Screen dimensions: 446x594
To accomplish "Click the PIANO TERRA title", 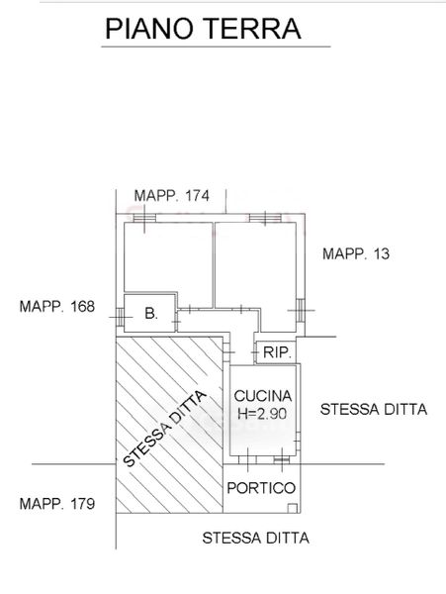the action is point(203,29).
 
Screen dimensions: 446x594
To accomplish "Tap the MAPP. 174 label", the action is point(171,196).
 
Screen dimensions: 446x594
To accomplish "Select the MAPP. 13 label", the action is point(356,253).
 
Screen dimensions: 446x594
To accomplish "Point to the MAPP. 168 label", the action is point(57,306).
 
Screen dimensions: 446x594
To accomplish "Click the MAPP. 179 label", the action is point(57,504).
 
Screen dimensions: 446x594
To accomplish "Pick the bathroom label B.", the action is point(151,313).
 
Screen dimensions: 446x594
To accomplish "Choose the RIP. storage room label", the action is point(277,352).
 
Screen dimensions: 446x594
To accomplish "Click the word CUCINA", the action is point(263,396).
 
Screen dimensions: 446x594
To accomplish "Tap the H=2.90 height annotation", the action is point(262,413).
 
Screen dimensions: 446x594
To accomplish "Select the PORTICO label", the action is point(261,488).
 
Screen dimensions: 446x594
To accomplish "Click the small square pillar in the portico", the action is point(292,508).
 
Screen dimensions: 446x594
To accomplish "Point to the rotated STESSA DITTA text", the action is point(165,429).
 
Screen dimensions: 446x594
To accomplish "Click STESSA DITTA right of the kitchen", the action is point(374,409).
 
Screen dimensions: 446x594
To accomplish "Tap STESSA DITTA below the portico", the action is point(256,538).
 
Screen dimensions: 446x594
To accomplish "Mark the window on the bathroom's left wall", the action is point(120,317).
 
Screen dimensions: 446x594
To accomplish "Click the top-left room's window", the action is point(144,218).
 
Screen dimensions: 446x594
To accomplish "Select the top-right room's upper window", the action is point(265,218).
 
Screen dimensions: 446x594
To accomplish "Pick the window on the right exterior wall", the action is point(301,310).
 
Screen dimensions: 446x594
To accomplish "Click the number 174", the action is point(197,196).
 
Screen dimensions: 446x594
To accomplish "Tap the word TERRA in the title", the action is point(254,29).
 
